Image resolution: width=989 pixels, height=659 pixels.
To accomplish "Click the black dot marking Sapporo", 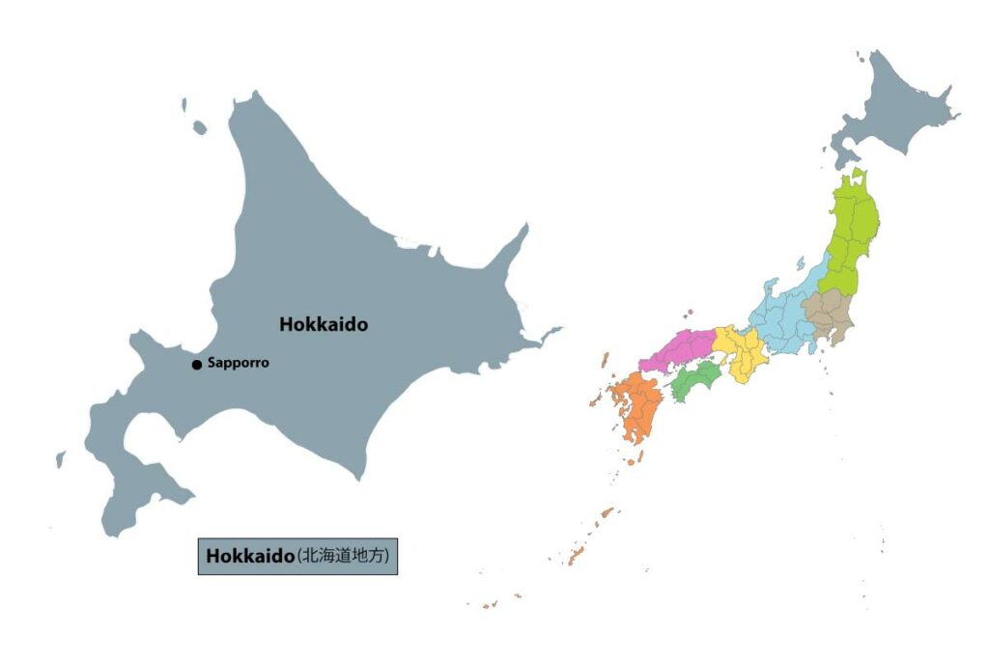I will [197, 365].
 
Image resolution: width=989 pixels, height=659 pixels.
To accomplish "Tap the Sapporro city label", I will [239, 364].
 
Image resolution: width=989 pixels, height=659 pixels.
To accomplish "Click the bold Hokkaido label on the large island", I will [324, 325].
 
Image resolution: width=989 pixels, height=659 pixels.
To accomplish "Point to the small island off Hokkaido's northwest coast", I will [199, 127].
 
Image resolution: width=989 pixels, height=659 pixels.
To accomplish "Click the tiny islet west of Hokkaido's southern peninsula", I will [60, 459].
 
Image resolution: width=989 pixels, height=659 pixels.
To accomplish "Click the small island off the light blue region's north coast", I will [800, 262].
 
